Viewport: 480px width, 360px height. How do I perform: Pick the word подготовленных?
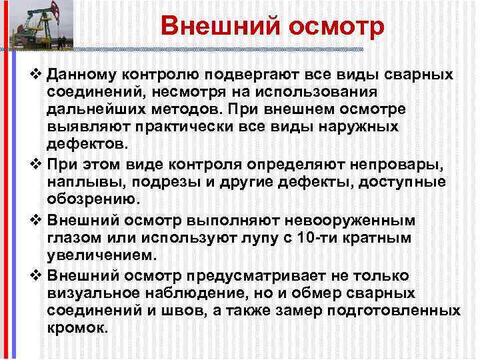[399, 312]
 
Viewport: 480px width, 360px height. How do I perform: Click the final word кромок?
[77, 330]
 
